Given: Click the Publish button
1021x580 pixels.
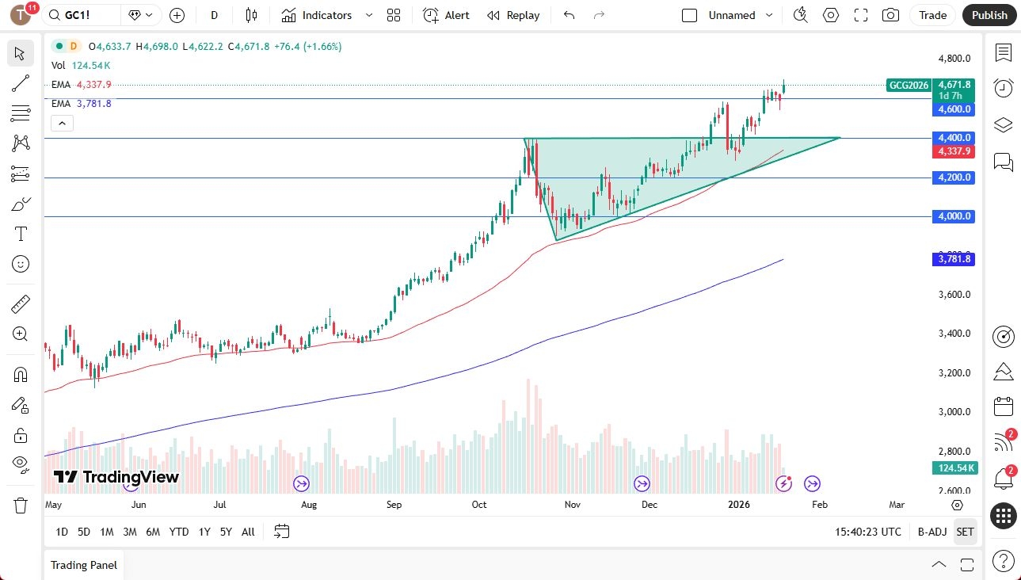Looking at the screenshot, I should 989,15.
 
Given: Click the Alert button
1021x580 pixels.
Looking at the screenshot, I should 447,15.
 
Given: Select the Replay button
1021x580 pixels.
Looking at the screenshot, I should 513,15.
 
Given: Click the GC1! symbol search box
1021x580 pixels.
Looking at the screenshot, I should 82,15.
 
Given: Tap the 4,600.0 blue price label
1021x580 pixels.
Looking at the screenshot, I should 954,109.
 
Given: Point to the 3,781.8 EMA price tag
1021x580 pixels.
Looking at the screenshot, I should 954,259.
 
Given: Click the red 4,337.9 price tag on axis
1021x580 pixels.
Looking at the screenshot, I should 954,151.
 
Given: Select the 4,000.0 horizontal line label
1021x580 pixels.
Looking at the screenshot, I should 954,216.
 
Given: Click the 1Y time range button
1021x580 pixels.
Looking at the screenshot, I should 204,532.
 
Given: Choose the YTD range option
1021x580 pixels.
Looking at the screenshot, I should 179,532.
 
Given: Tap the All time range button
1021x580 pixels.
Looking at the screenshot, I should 248,532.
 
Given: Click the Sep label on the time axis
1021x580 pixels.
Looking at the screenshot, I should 394,505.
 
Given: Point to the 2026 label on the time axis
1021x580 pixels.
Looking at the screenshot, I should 738,505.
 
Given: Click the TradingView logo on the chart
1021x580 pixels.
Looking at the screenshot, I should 116,477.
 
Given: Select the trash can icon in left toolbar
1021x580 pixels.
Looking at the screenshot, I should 21,505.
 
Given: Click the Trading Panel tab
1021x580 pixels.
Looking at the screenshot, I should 84,565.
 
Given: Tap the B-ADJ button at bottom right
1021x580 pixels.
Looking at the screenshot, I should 931,532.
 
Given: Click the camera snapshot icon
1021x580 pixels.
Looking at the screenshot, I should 891,15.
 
